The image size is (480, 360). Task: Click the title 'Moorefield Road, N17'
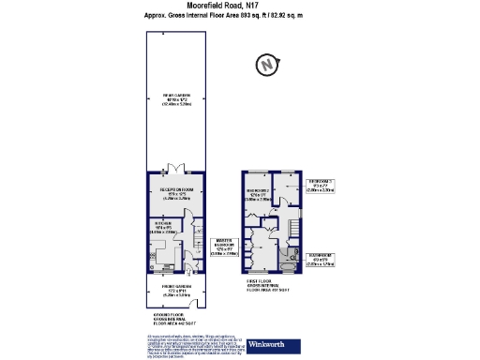(x=239, y=6)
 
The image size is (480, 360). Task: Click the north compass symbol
(x=267, y=65)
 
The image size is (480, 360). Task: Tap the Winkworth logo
(x=271, y=345)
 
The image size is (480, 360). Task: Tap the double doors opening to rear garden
(x=174, y=170)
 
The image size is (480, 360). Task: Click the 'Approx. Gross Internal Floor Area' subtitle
(x=239, y=16)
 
